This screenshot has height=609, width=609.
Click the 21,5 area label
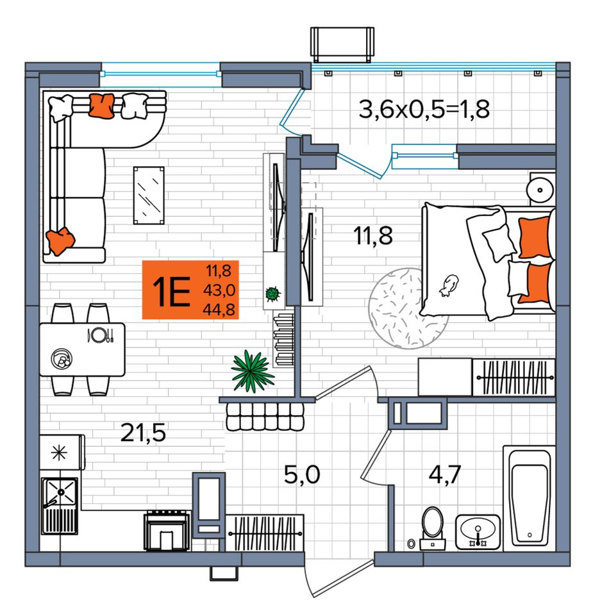click(x=143, y=433)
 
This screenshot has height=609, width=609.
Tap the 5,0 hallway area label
click(x=302, y=474)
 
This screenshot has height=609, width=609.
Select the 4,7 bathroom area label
click(x=445, y=474)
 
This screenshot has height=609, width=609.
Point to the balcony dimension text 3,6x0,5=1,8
click(x=424, y=109)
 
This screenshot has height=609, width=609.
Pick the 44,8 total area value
click(x=219, y=310)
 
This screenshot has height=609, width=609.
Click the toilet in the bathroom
click(x=432, y=528)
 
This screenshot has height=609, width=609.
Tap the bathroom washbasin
click(x=478, y=531)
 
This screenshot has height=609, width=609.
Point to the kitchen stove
click(x=167, y=531)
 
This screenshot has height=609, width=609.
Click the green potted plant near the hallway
click(x=253, y=372)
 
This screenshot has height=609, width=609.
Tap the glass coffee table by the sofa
click(x=149, y=196)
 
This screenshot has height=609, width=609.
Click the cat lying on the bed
click(x=449, y=285)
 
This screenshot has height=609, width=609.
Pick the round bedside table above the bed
click(x=540, y=190)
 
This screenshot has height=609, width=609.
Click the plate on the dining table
click(x=99, y=335)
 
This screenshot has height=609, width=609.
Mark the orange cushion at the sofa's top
click(x=102, y=106)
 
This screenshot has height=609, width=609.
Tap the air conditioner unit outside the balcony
click(x=342, y=44)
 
